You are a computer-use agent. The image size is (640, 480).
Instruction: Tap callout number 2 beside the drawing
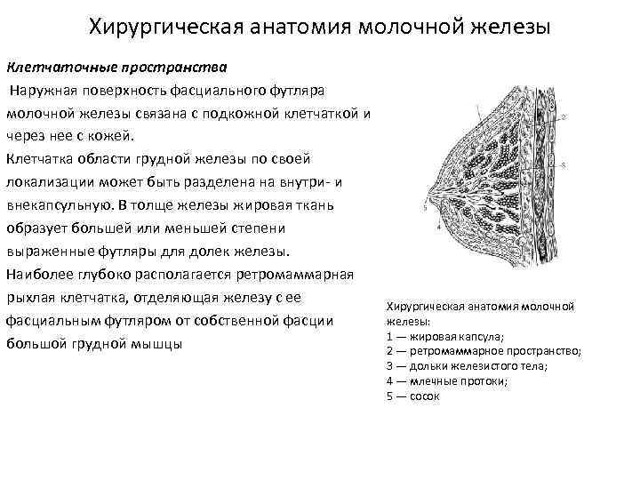coord(565,116)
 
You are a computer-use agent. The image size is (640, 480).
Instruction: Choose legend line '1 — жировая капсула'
coord(445,336)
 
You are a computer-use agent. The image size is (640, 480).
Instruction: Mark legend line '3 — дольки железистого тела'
coord(467,366)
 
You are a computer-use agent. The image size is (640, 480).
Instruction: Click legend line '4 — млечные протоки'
coord(447,381)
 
